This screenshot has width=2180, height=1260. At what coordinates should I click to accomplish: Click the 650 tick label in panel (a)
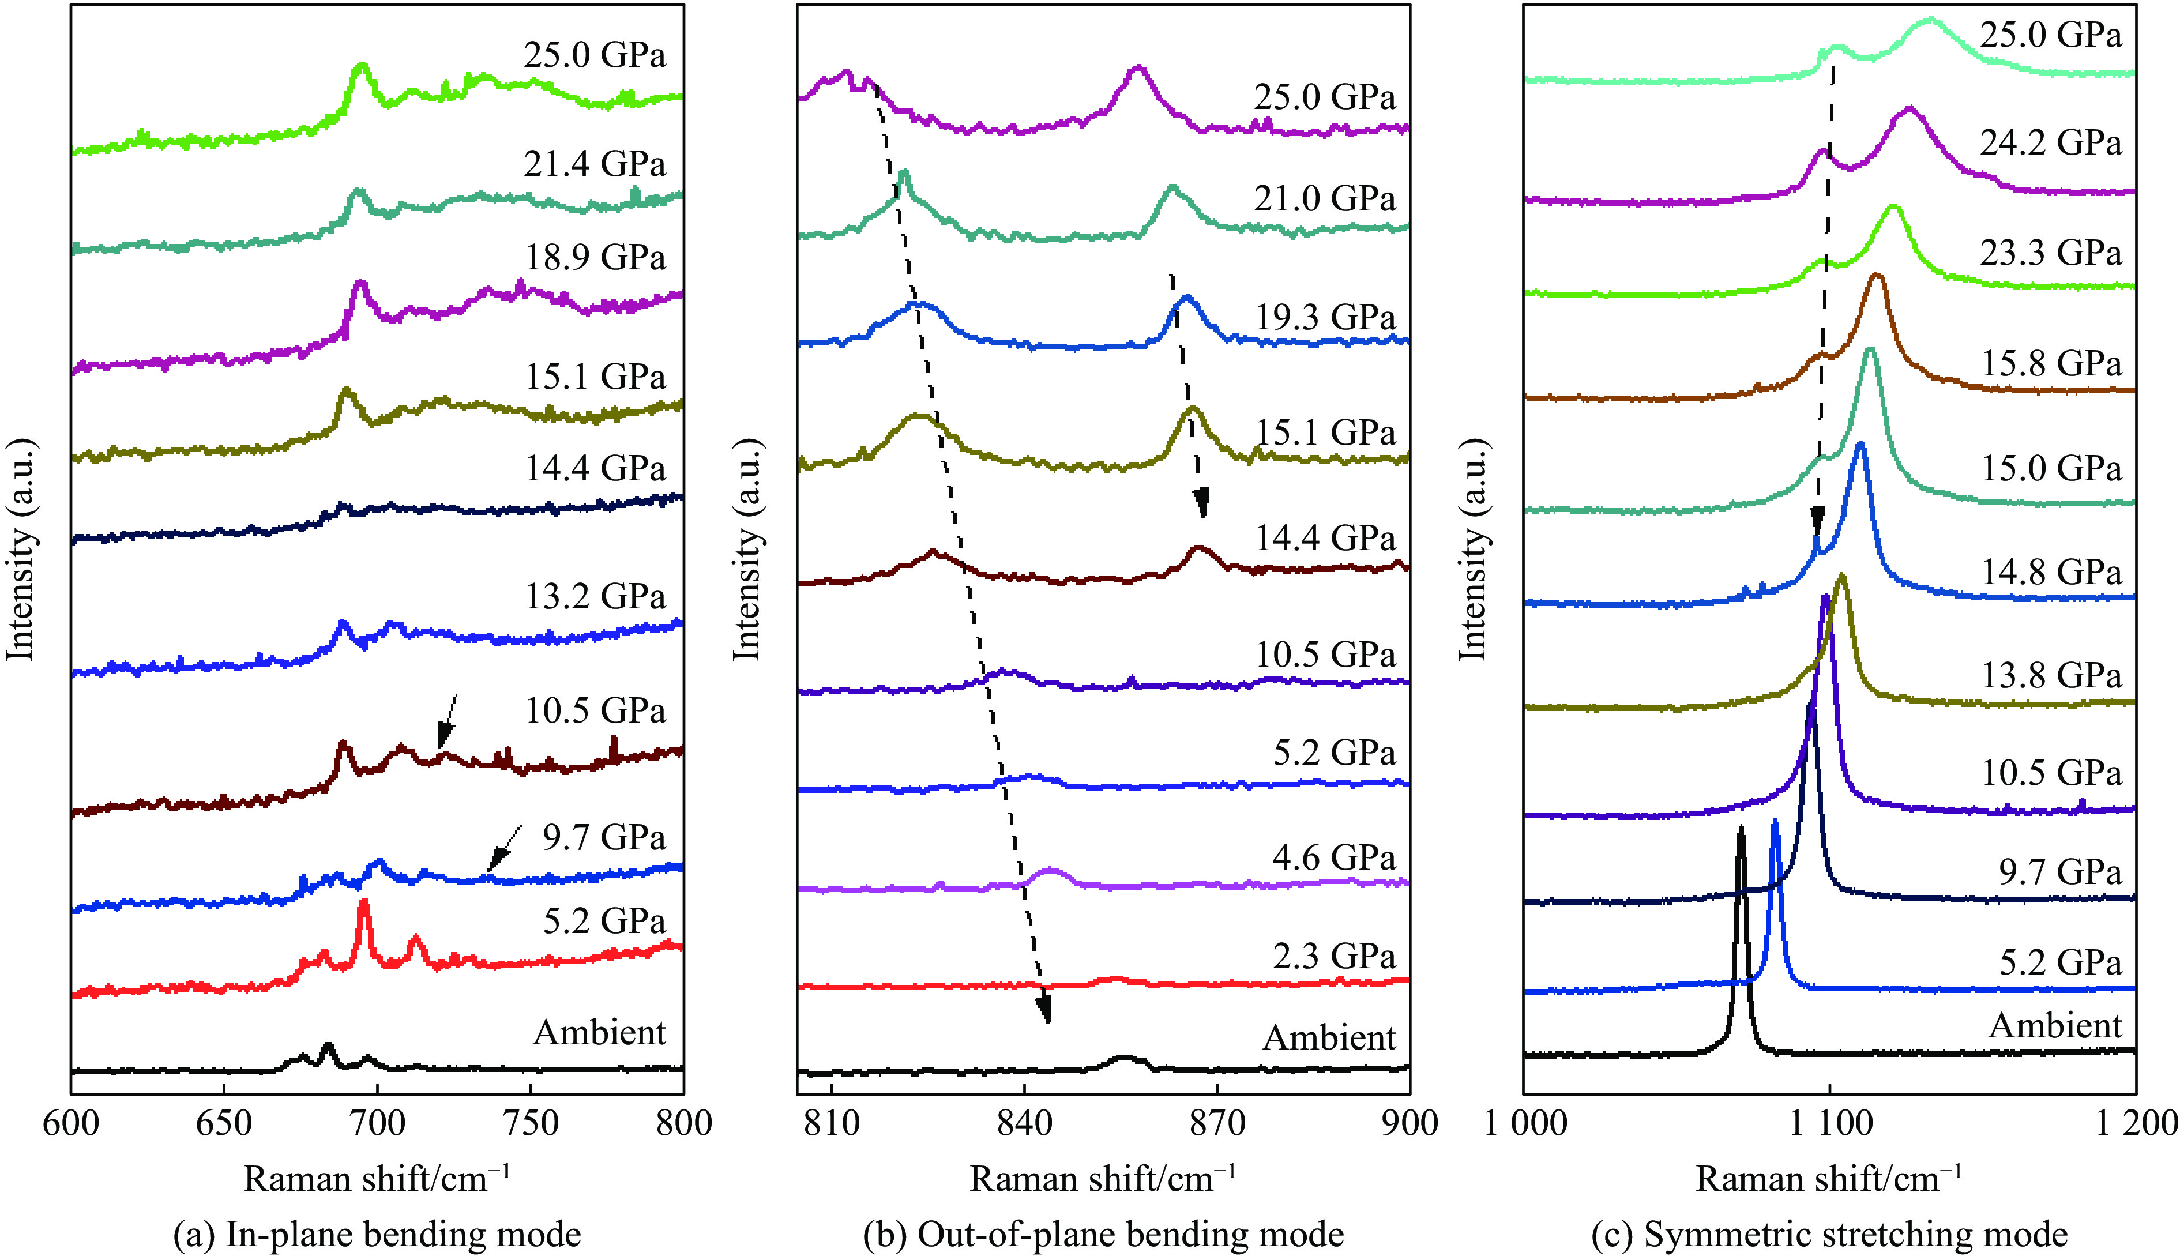tap(223, 1123)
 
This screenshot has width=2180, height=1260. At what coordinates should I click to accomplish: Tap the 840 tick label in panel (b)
tap(1024, 1123)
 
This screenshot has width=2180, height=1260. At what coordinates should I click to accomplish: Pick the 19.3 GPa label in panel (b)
tap(1325, 318)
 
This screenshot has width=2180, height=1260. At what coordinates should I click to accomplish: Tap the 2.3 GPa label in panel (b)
tap(1334, 957)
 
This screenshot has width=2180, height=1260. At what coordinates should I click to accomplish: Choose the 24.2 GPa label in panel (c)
tap(2051, 142)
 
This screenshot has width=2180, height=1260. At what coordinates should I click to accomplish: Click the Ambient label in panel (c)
tap(2055, 1026)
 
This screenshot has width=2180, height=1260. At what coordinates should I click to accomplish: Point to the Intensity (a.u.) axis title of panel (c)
tap(1472, 550)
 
